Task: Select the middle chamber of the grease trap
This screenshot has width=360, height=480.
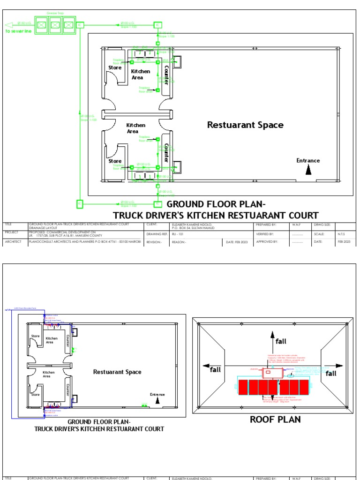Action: coord(55,24)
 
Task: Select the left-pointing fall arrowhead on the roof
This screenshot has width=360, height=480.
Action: coord(205,366)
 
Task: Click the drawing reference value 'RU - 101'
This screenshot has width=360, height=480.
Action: coord(177,233)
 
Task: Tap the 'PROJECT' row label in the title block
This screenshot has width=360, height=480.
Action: coord(12,232)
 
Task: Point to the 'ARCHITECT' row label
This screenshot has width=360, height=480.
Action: coord(14,242)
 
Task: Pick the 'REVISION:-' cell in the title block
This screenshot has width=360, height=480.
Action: coord(154,242)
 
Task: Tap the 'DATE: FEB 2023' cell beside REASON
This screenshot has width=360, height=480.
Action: coord(236,242)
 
